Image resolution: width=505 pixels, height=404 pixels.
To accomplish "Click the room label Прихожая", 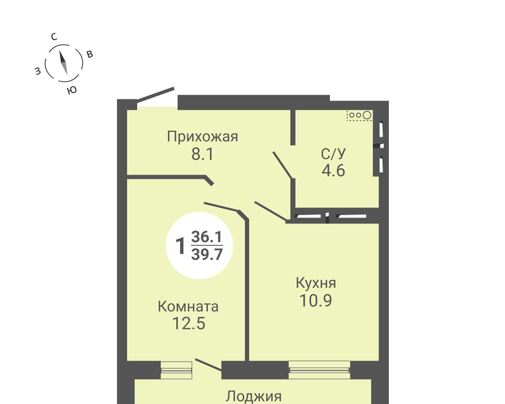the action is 202,137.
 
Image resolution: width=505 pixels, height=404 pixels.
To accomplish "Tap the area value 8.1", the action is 202,154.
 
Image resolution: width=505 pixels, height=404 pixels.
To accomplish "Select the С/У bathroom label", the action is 333,154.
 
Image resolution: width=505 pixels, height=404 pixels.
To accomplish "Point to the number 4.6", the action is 333,170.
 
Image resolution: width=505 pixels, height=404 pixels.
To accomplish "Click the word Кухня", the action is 316,283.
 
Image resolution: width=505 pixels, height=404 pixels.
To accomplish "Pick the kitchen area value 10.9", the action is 316,300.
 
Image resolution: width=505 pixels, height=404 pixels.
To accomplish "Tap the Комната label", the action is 188,306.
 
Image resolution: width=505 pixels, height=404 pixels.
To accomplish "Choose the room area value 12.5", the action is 189,324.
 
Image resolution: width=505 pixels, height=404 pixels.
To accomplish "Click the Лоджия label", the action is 253,396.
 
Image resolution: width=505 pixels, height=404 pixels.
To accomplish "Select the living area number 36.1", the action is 207,237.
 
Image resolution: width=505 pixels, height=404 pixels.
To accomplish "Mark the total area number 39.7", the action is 207,254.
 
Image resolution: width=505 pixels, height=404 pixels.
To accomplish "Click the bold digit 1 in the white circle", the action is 180,246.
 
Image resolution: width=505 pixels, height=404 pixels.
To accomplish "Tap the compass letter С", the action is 54,37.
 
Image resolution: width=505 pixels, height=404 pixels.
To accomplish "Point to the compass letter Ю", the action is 72,90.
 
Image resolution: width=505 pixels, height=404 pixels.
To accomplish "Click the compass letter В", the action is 90,54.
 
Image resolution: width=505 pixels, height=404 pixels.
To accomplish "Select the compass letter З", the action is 38,71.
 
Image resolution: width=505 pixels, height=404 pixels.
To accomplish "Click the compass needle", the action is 64,63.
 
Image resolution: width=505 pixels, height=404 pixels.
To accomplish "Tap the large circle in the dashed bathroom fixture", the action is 367,115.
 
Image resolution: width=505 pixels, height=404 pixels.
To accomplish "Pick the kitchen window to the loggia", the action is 319,370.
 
